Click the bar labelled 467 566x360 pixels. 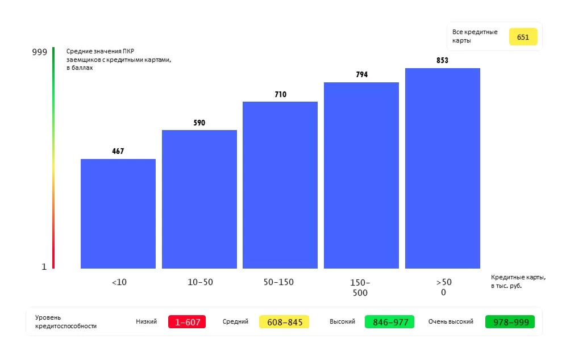pos(118,214)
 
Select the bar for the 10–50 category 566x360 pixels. pos(199,199)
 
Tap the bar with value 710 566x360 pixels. pos(280,185)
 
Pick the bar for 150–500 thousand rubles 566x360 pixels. pos(361,175)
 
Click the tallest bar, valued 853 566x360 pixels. pos(443,168)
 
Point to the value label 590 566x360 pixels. pos(199,123)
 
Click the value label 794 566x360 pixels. pos(361,75)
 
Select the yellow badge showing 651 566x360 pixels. pos(523,37)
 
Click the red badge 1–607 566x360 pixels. pos(187,322)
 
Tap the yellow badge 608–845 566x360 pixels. pos(284,322)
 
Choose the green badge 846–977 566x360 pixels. pos(389,322)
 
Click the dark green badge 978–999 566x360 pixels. pos(510,322)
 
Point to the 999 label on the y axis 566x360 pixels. pos(40,52)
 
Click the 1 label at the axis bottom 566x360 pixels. pos(44,267)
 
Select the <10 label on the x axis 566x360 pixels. pos(119,282)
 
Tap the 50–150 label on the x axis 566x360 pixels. pos(278,282)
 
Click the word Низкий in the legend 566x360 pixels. pos(146,321)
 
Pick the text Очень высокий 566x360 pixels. pos(451,321)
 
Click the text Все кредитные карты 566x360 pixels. pos(475,36)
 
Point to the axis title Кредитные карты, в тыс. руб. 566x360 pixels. pos(518,282)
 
